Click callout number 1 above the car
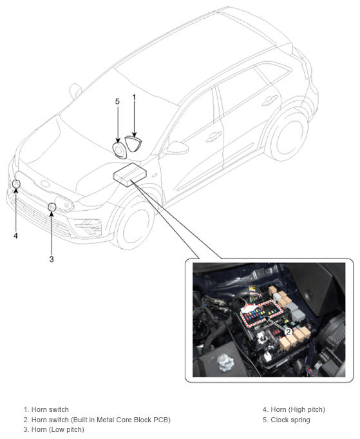pos(134,97)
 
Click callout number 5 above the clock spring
pos(117,101)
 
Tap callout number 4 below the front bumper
pos(15,236)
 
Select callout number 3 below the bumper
pos(52,259)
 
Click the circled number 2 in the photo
pos(288,332)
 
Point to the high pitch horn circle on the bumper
pos(16,184)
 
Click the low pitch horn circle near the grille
pos(52,207)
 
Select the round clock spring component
pos(119,151)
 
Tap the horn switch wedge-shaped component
pos(133,143)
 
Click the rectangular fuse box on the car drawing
pos(130,175)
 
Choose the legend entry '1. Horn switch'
pos(46,409)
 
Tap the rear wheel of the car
pos(287,135)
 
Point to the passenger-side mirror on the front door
pos(178,148)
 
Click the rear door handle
pos(270,100)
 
